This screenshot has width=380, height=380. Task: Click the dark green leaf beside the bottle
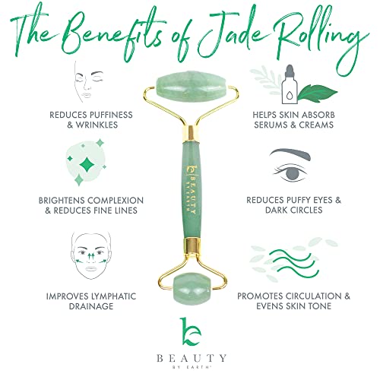pos(317,93)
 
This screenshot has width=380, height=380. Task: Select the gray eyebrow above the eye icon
pos(290,154)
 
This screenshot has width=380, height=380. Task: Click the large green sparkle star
pos(87,165)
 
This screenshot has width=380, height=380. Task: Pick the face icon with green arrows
pos(91,255)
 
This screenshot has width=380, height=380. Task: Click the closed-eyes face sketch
pos(89,81)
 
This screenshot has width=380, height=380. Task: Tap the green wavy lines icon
pos(293,263)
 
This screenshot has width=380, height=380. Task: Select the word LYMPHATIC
pos(113,296)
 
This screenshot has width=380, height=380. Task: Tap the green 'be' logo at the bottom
pos(191,331)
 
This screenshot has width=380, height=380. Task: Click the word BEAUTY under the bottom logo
pos(192,358)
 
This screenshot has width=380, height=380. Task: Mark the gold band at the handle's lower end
pos(192,245)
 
